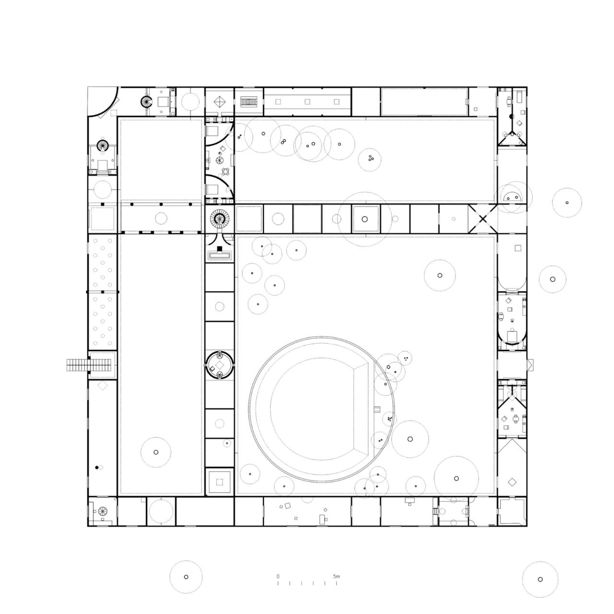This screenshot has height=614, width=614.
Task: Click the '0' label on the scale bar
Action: pyautogui.click(x=278, y=576)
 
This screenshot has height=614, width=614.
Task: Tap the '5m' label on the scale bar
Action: pyautogui.click(x=337, y=576)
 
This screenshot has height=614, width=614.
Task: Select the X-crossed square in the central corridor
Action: pyautogui.click(x=483, y=219)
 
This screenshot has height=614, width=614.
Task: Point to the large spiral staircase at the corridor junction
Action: pyautogui.click(x=220, y=220)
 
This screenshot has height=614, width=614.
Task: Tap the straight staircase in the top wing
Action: pyautogui.click(x=249, y=102)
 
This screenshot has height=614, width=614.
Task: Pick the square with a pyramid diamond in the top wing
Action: pyautogui.click(x=220, y=102)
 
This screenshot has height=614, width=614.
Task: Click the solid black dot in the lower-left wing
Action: pyautogui.click(x=96, y=467)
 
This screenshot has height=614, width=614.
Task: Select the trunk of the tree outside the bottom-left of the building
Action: pyautogui.click(x=186, y=577)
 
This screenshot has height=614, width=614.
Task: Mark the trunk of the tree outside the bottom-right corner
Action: pyautogui.click(x=540, y=579)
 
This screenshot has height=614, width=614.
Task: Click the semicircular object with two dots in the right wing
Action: pyautogui.click(x=512, y=197)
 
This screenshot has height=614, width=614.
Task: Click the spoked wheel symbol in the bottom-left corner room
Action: pyautogui.click(x=102, y=512)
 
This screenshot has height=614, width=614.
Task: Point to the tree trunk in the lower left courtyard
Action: pyautogui.click(x=155, y=452)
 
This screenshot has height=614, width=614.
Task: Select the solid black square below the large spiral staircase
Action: pyautogui.click(x=220, y=248)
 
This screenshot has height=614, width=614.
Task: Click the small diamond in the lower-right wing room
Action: pyautogui.click(x=512, y=481)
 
